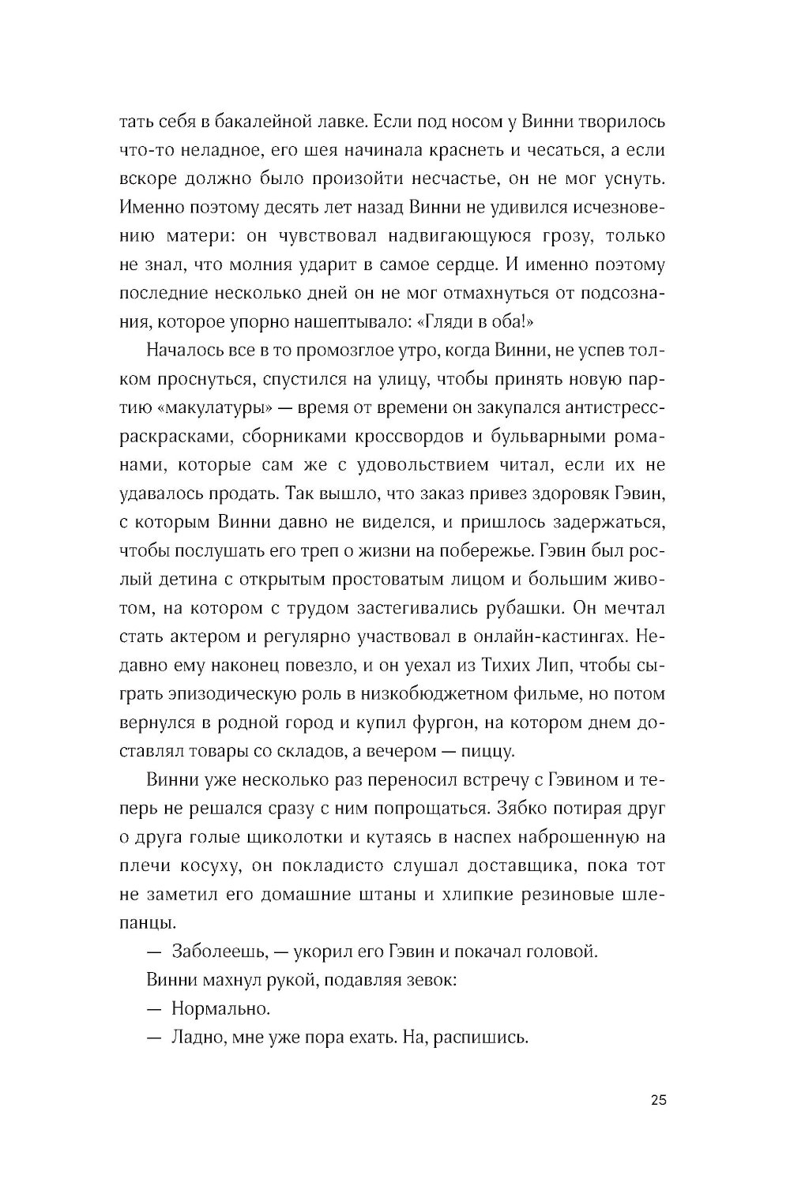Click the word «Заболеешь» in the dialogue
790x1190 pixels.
pos(215,952)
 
